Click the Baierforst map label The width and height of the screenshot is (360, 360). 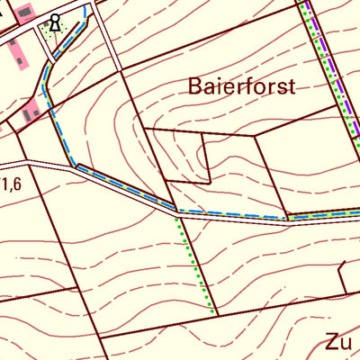click(x=242, y=86)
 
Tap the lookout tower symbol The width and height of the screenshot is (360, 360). click(x=56, y=22)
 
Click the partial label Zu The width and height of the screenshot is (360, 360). click(x=337, y=342)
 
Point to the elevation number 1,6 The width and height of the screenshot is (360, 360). click(x=11, y=185)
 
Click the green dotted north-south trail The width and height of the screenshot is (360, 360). click(x=193, y=261)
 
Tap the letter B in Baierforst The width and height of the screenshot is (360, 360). click(x=196, y=86)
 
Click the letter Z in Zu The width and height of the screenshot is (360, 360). click(x=331, y=342)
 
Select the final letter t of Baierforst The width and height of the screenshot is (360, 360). click(x=292, y=86)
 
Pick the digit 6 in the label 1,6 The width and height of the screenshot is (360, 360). click(x=16, y=185)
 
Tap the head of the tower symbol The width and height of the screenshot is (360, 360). click(x=56, y=17)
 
